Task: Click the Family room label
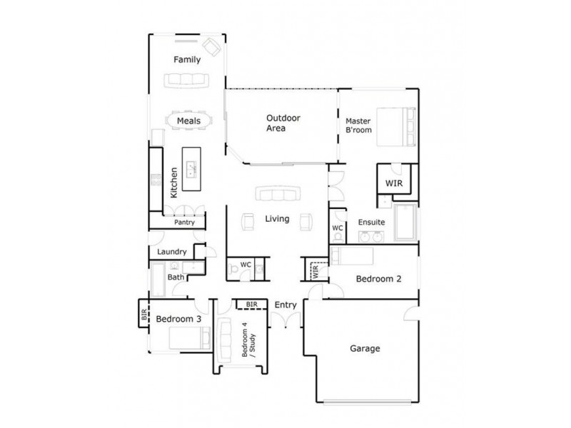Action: (x=187, y=60)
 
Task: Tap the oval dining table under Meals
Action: (x=189, y=121)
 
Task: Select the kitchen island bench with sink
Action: (x=191, y=169)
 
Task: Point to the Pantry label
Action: (x=184, y=223)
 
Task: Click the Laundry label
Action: (x=172, y=252)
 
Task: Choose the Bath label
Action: (x=176, y=277)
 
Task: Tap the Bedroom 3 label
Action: (x=178, y=319)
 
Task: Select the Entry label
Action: (x=285, y=305)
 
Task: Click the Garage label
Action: (x=365, y=349)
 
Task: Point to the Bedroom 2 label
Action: (x=378, y=279)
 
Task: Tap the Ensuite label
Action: (x=372, y=221)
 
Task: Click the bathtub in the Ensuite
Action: (x=404, y=223)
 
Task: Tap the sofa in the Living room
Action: (x=277, y=195)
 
